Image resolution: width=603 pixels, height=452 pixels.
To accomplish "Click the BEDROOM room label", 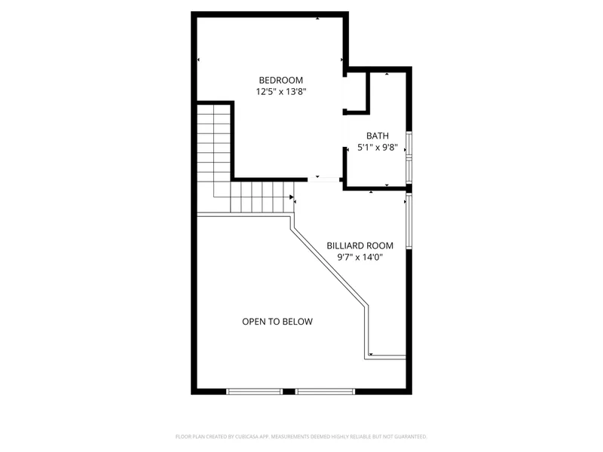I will pyautogui.click(x=280, y=81).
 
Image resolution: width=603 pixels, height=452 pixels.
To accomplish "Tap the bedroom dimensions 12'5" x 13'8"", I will pyautogui.click(x=280, y=92).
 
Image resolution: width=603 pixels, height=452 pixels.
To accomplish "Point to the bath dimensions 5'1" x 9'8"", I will pyautogui.click(x=377, y=148).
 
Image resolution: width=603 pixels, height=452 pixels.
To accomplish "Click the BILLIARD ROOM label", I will pyautogui.click(x=360, y=246).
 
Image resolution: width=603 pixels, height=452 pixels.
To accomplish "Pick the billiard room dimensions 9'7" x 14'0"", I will pyautogui.click(x=360, y=257).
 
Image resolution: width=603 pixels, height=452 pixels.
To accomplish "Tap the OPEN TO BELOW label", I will pyautogui.click(x=277, y=322).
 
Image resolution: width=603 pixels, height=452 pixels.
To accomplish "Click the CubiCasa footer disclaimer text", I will pyautogui.click(x=301, y=436).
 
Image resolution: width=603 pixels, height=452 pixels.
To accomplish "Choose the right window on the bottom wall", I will pyautogui.click(x=325, y=391).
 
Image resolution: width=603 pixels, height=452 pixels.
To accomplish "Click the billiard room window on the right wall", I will pyautogui.click(x=409, y=222).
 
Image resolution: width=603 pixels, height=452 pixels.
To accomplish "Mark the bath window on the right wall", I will pyautogui.click(x=409, y=157).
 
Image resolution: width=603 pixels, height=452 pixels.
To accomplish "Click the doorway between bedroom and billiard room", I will pyautogui.click(x=326, y=179).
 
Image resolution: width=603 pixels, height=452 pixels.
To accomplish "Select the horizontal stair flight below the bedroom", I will pyautogui.click(x=260, y=197).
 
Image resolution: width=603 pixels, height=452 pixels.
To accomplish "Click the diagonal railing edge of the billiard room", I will pyautogui.click(x=329, y=267).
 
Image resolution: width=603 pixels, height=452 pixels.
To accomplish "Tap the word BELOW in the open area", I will pyautogui.click(x=298, y=322).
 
